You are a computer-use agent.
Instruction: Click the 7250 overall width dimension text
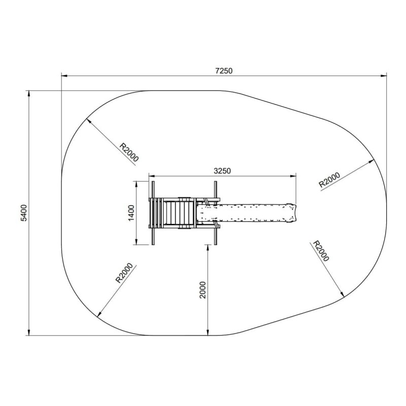(x=224, y=71)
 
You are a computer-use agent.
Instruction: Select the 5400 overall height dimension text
(x=24, y=213)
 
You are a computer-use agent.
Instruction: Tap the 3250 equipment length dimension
(x=222, y=171)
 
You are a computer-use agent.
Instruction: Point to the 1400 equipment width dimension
(x=131, y=213)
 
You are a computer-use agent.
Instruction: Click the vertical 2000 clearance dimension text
(x=202, y=290)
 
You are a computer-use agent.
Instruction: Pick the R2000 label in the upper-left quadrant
(x=129, y=152)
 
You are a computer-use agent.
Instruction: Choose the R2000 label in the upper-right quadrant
(x=329, y=180)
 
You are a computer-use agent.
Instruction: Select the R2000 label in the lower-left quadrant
(x=124, y=273)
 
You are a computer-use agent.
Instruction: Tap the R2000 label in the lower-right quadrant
(x=321, y=251)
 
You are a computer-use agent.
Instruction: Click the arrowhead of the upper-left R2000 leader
(x=88, y=120)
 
